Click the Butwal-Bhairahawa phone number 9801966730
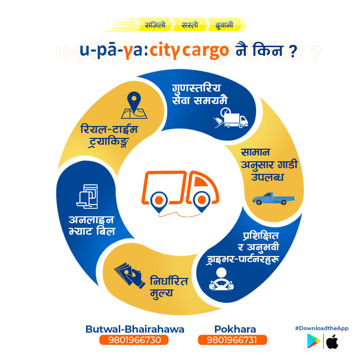134,340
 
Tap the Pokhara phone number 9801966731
232,340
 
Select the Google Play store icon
314,341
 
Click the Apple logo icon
332,342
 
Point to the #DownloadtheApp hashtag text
321,328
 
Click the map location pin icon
134,105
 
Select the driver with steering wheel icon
221,279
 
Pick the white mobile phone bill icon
87,197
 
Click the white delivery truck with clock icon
231,118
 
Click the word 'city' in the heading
165,50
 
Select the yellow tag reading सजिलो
155,24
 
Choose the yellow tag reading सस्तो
190,24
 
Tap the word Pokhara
235,329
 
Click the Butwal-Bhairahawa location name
135,329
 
